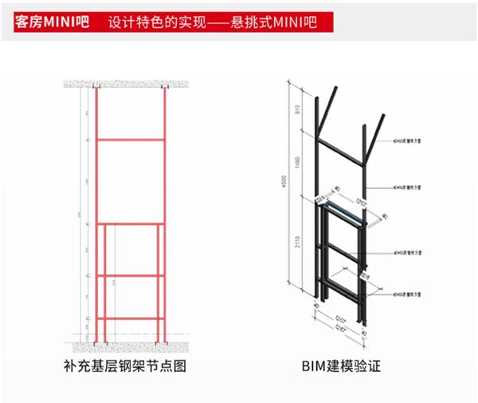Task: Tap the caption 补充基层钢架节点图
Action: coord(129,368)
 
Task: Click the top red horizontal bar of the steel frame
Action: coord(131,140)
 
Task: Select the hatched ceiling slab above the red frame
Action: coord(131,82)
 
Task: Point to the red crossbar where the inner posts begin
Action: coord(131,223)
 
